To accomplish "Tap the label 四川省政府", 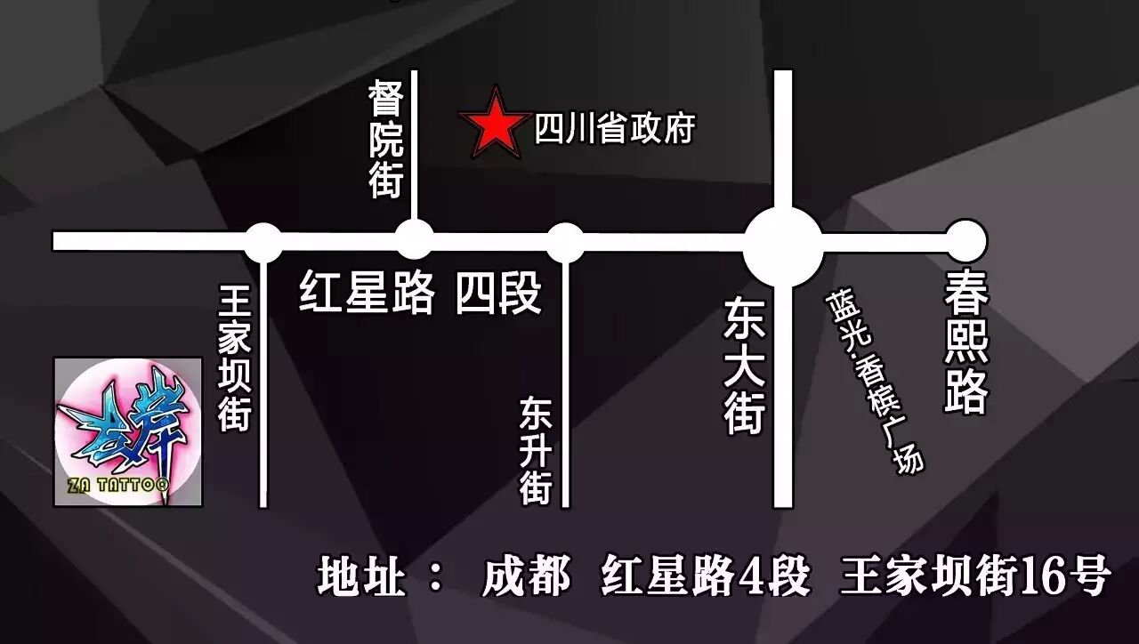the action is tap(614, 130).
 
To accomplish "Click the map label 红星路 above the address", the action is tap(367, 293).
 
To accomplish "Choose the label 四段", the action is tap(498, 293).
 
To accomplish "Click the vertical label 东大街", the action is tap(744, 366).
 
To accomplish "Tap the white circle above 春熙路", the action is tap(965, 240).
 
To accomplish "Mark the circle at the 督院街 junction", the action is tap(414, 240).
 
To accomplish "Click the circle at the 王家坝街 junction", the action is tap(263, 242).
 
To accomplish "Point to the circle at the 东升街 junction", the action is tap(565, 242).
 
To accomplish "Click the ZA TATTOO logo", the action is tap(128, 431).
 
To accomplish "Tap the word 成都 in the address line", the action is tap(526, 576).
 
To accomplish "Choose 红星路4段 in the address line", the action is tap(706, 576).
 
